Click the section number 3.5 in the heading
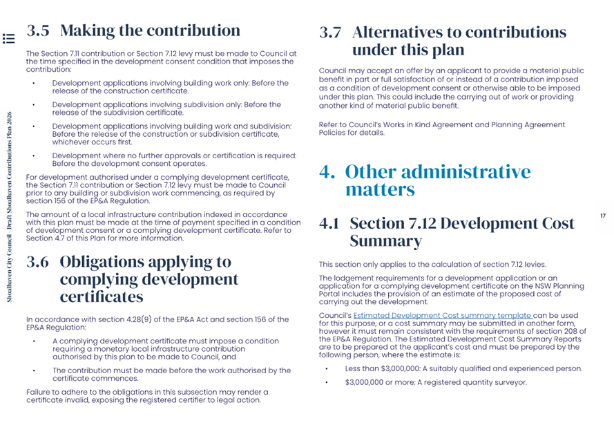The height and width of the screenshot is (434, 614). [x=38, y=30]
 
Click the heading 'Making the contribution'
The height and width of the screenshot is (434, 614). [x=151, y=30]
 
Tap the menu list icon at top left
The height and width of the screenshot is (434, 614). [x=8, y=38]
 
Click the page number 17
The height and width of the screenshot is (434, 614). [x=602, y=216]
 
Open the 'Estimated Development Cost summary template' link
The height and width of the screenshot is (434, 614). [x=442, y=316]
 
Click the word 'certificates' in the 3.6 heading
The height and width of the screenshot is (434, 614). [x=102, y=297]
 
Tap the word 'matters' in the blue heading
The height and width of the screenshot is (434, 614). [x=379, y=189]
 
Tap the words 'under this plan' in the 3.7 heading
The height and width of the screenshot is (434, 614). [x=407, y=50]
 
